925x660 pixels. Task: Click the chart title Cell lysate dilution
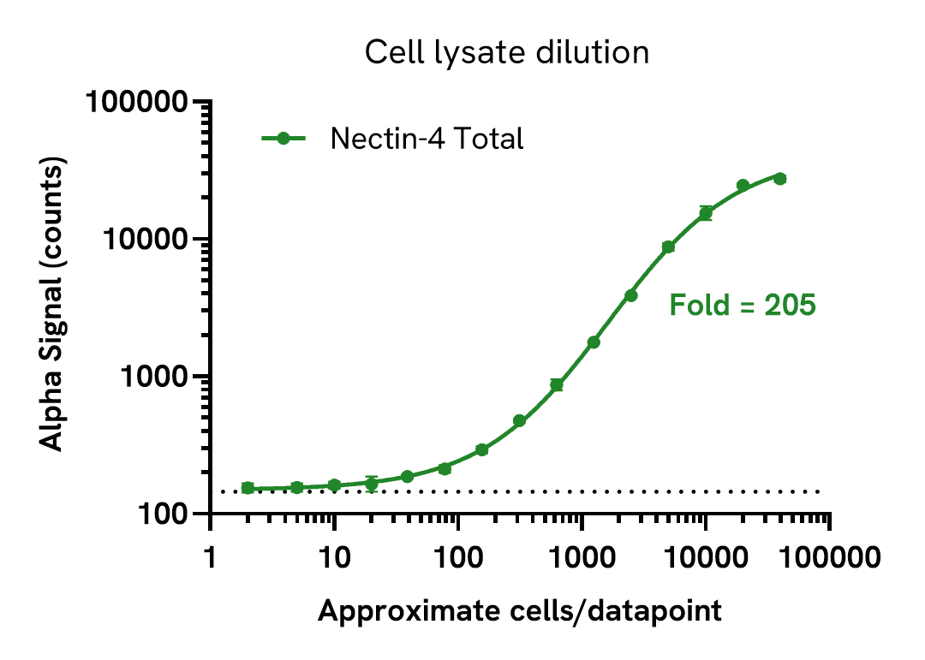click(507, 53)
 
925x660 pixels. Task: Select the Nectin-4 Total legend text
click(427, 139)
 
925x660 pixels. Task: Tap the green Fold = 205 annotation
click(742, 305)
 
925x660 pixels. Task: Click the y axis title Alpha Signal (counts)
click(53, 307)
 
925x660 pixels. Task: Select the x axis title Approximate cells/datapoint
click(520, 611)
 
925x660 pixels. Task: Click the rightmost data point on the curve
click(779, 178)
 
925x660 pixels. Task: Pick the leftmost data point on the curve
click(248, 488)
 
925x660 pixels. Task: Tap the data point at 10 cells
click(334, 485)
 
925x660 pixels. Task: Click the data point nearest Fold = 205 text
click(630, 295)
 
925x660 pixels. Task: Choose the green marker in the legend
click(283, 138)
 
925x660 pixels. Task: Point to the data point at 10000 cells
click(705, 213)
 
